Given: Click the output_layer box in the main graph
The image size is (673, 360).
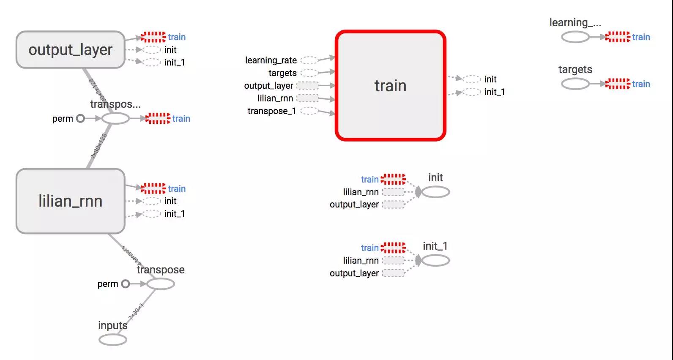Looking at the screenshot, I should pyautogui.click(x=70, y=49).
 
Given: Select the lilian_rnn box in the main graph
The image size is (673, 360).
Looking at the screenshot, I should pyautogui.click(x=70, y=201).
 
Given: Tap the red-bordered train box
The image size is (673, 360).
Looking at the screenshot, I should pyautogui.click(x=390, y=86).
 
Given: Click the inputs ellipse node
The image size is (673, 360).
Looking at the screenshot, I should pyautogui.click(x=113, y=339).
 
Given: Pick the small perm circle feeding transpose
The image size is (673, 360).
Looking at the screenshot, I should pyautogui.click(x=125, y=284).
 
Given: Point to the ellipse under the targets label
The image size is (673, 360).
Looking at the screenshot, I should pyautogui.click(x=575, y=84).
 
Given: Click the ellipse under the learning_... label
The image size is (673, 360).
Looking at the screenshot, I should pyautogui.click(x=575, y=37).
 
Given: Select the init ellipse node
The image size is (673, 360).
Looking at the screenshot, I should pyautogui.click(x=435, y=192).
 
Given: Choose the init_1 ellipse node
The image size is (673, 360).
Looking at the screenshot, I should pyautogui.click(x=435, y=260).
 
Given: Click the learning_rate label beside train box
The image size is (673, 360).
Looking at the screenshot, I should pyautogui.click(x=271, y=60).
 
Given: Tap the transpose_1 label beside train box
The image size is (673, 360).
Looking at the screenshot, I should pyautogui.click(x=272, y=111).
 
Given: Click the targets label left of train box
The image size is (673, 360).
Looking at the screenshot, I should pyautogui.click(x=282, y=73).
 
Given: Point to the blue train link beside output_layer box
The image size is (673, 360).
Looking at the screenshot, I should pyautogui.click(x=177, y=37).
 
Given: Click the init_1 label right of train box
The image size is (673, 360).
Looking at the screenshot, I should pyautogui.click(x=495, y=92).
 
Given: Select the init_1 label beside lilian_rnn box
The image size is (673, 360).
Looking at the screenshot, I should pyautogui.click(x=175, y=214).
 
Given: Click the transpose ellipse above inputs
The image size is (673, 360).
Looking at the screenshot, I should pyautogui.click(x=161, y=284).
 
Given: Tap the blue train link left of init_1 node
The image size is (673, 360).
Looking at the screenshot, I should pyautogui.click(x=369, y=248).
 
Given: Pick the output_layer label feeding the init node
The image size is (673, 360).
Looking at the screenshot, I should pyautogui.click(x=354, y=205).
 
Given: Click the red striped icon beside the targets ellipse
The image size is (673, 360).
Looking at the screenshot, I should pyautogui.click(x=618, y=84).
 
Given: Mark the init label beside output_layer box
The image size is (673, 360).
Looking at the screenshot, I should pyautogui.click(x=170, y=50).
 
